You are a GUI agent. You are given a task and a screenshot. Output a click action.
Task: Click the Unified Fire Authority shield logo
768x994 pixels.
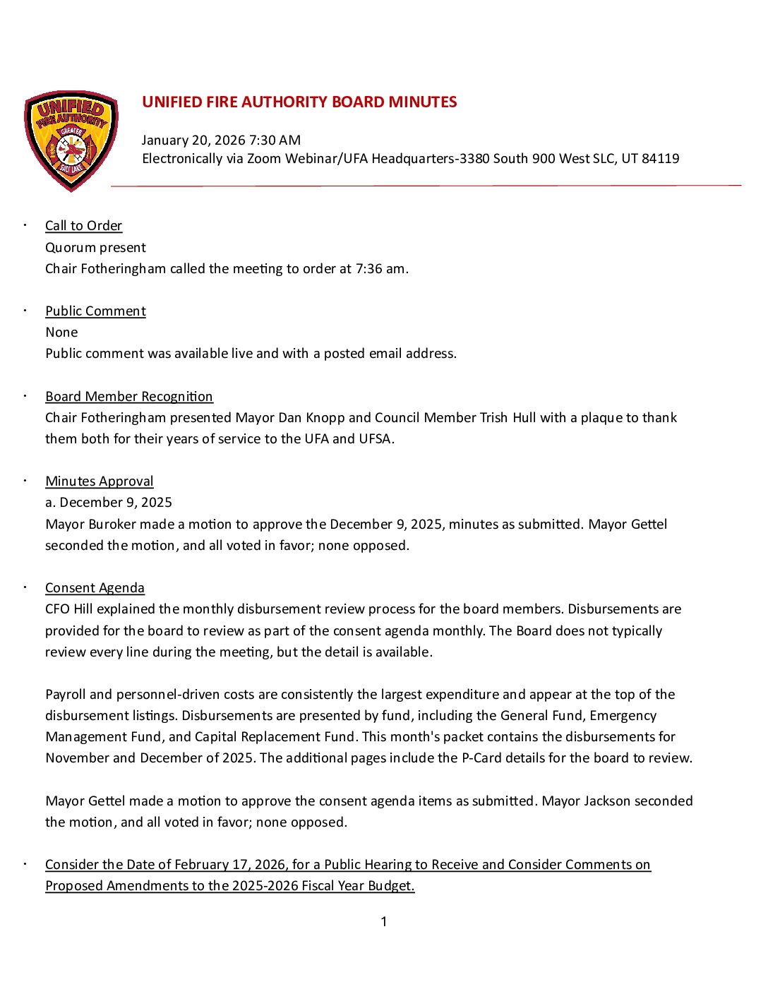71,140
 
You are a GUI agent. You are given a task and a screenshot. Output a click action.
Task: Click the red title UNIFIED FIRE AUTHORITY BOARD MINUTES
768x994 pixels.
299,102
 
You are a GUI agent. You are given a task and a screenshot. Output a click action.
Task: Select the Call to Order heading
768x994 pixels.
83,226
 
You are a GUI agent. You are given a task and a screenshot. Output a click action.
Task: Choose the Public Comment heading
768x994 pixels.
95,311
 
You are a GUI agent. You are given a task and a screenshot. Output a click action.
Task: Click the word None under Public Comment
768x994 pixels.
61,333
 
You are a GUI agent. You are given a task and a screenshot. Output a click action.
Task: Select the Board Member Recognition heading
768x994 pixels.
129,397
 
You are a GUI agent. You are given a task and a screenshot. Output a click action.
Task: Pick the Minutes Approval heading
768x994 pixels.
100,481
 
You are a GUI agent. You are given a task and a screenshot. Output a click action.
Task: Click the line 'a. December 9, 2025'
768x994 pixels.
109,503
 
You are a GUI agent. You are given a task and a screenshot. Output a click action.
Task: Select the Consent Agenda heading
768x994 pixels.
95,588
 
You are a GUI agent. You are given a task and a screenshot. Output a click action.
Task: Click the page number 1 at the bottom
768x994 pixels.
384,922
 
